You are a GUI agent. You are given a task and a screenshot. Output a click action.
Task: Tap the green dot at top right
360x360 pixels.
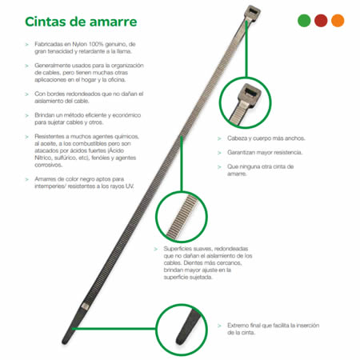303,21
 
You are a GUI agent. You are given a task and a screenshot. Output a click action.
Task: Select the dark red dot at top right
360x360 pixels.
321,21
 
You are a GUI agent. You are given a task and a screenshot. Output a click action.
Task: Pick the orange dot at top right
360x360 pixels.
338,21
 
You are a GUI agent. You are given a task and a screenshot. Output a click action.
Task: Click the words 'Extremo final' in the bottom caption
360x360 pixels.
245,326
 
